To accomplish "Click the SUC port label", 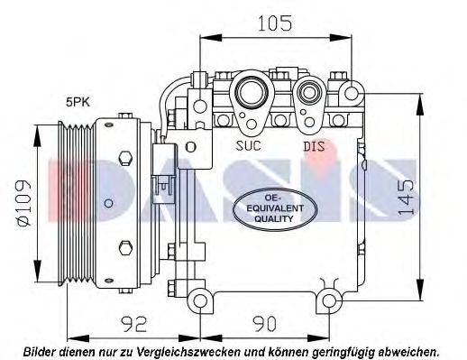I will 251,144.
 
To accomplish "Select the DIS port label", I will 313,144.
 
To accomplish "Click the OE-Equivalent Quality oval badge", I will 270,207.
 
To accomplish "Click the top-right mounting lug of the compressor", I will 351,89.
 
